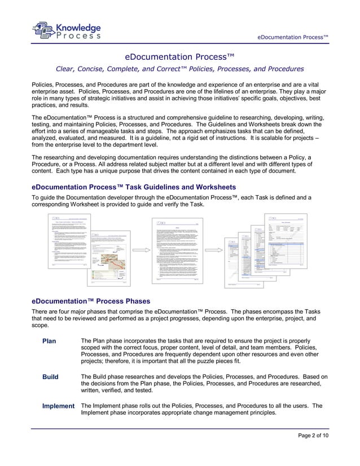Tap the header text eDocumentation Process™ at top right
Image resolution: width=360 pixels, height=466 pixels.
(x=293, y=37)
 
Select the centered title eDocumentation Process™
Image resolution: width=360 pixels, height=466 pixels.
(x=179, y=56)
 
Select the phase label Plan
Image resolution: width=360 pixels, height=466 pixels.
(x=50, y=341)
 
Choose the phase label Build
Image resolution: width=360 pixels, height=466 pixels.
(x=51, y=377)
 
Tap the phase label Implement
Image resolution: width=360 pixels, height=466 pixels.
(x=59, y=406)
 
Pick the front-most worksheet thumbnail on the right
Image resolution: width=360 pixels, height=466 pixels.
(x=293, y=242)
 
